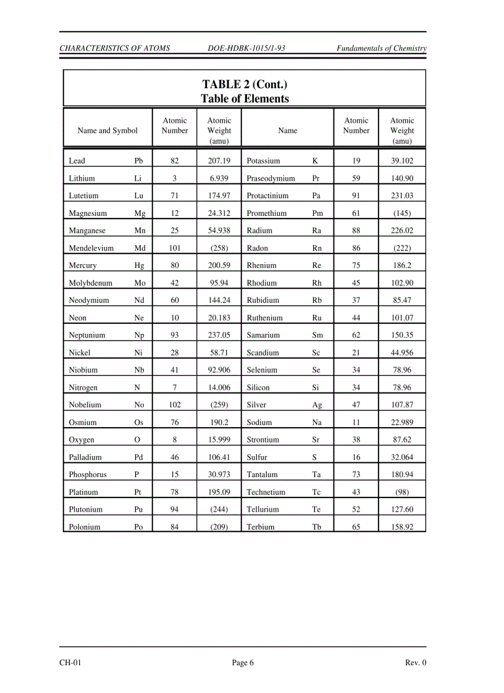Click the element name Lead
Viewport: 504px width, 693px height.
click(x=77, y=161)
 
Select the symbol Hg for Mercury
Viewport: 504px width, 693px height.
click(x=140, y=266)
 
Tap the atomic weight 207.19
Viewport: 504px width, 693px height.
click(x=219, y=161)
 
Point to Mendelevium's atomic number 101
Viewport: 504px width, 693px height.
click(x=175, y=248)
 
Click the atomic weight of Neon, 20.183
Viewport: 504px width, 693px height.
click(x=219, y=318)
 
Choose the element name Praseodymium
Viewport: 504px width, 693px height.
click(x=271, y=178)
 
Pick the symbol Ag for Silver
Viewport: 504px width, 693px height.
click(x=317, y=405)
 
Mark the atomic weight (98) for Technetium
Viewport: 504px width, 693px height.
click(x=402, y=492)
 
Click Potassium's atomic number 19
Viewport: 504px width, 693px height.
click(x=356, y=161)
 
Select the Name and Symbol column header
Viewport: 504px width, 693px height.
click(x=107, y=131)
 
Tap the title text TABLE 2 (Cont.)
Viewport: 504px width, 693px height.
click(x=245, y=85)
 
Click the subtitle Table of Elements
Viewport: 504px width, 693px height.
click(x=245, y=99)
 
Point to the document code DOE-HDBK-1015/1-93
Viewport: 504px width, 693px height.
click(x=247, y=48)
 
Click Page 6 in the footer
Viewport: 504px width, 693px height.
click(x=243, y=663)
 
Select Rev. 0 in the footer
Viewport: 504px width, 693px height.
click(x=416, y=663)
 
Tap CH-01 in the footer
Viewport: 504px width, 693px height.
click(x=70, y=663)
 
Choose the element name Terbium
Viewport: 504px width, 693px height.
click(x=261, y=528)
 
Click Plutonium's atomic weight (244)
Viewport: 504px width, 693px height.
click(x=219, y=510)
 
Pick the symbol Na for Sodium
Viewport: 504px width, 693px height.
click(x=317, y=423)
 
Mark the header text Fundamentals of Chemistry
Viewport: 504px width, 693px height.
click(x=381, y=48)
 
